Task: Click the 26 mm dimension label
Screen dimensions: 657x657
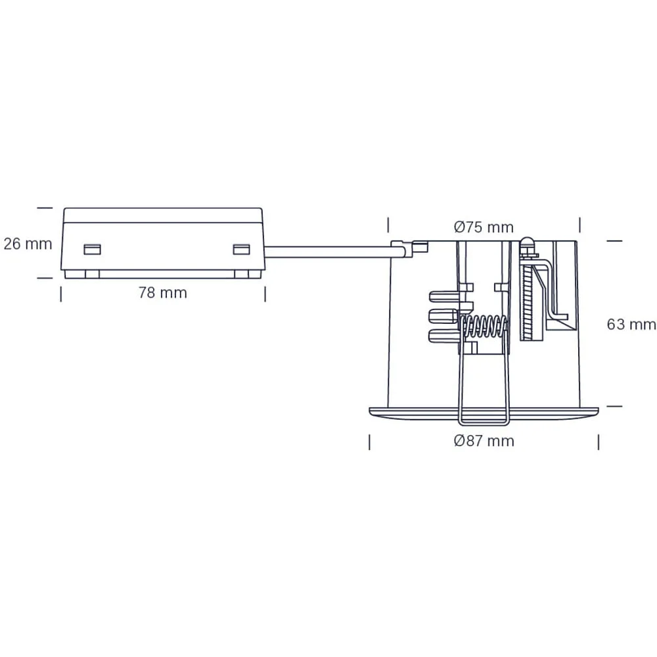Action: (28, 244)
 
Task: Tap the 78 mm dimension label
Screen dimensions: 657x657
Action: (163, 292)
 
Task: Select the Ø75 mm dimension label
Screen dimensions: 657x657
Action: (484, 227)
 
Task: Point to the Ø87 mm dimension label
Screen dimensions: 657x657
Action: (484, 441)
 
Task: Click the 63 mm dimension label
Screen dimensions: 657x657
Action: (631, 325)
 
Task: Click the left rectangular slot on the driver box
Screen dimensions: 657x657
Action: (92, 249)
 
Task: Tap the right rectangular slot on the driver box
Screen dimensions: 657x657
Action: (241, 249)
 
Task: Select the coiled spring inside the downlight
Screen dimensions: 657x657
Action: (484, 327)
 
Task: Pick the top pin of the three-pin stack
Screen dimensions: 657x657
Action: (443, 296)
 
